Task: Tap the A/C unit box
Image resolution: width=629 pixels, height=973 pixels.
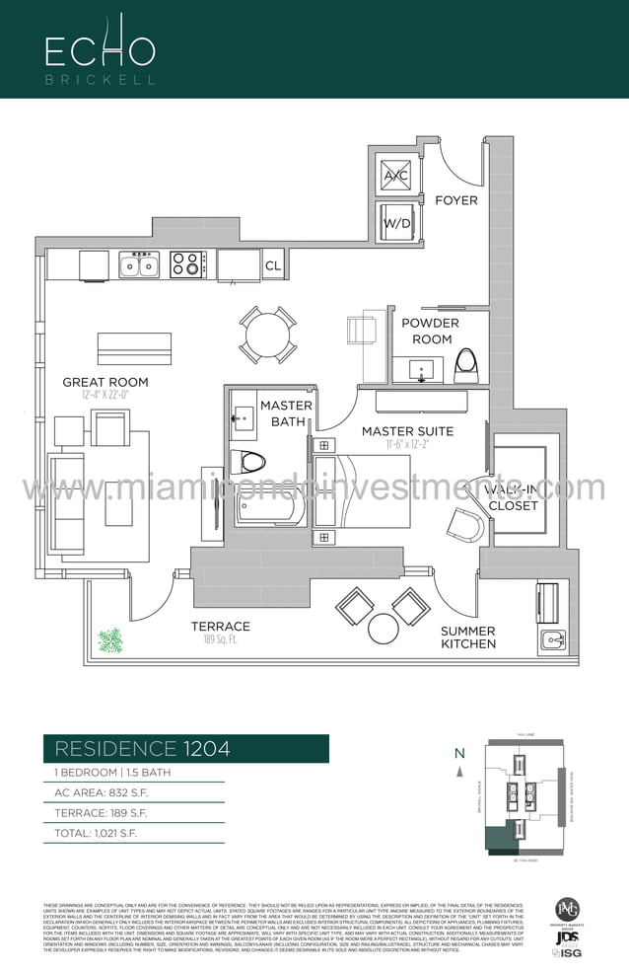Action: tap(395, 177)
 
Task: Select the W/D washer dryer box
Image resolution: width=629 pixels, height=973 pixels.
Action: tap(395, 222)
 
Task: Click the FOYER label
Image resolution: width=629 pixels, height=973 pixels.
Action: tap(455, 200)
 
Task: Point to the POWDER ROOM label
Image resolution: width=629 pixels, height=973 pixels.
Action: tap(430, 331)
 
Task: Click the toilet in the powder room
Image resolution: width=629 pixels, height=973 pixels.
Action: tap(468, 366)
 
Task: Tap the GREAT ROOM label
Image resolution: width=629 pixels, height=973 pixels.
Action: tap(105, 382)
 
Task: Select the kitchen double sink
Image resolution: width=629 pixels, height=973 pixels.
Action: tap(139, 264)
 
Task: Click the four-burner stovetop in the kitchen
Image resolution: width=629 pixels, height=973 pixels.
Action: tap(186, 264)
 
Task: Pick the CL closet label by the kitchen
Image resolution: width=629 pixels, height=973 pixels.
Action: tap(273, 264)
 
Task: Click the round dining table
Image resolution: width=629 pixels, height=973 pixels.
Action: tap(268, 337)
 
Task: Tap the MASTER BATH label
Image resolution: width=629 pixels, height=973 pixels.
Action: tap(286, 413)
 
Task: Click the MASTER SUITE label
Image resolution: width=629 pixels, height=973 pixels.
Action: tap(407, 431)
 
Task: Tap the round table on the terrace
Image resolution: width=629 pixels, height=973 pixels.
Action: tap(383, 628)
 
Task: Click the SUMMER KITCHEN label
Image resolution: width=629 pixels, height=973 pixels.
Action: tap(467, 637)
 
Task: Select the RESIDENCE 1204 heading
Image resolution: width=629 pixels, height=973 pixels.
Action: tap(142, 749)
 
